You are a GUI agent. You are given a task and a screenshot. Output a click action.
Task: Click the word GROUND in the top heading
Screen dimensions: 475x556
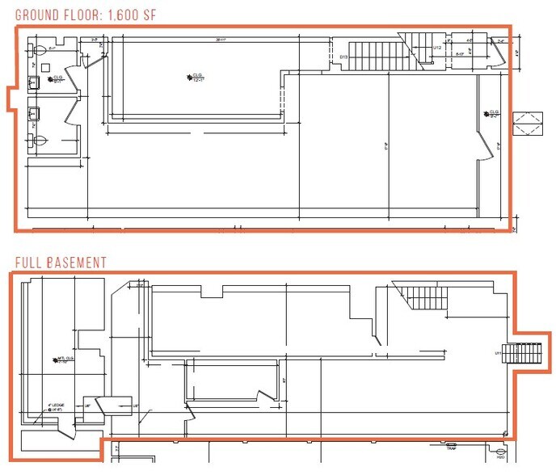(36, 14)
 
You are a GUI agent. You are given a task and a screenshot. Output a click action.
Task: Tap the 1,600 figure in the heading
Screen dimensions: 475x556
(132, 14)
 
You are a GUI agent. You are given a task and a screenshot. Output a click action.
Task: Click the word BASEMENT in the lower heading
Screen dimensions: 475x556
(75, 263)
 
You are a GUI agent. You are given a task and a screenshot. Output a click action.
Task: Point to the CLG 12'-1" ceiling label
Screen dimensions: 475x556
(194, 78)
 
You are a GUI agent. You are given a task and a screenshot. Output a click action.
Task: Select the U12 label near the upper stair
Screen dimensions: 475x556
(437, 48)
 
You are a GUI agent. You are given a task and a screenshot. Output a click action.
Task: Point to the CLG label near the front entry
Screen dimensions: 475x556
(491, 114)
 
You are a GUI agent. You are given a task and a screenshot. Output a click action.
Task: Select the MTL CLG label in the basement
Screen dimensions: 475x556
(65, 359)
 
